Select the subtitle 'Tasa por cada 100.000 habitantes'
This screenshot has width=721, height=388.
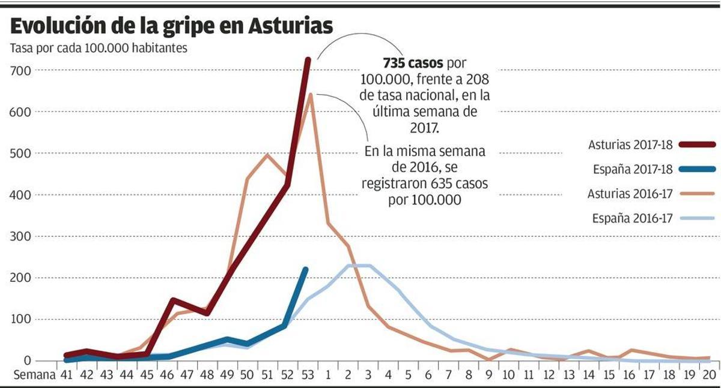(x=99, y=49)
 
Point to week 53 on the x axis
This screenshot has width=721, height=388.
(x=306, y=375)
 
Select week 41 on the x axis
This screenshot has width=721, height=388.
(x=66, y=375)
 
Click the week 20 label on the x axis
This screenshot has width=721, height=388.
(x=709, y=375)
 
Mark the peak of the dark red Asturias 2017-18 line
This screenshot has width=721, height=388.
(x=308, y=60)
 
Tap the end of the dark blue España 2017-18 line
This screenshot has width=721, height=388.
(x=306, y=270)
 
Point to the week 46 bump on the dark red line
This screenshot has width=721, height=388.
(x=172, y=300)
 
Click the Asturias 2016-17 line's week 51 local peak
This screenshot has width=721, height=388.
(x=267, y=155)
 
